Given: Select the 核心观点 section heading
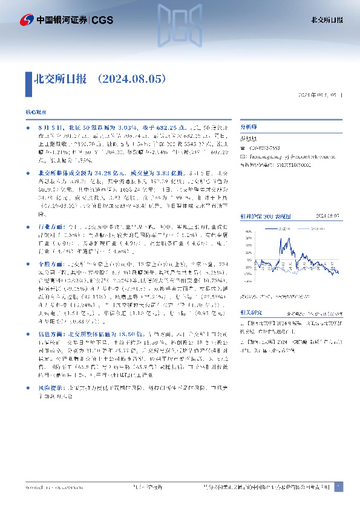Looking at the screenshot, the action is click(x=34, y=114).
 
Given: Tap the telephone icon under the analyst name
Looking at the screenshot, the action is click(x=243, y=148).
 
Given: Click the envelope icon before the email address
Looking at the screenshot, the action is click(x=243, y=155).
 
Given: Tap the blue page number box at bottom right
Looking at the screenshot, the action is click(x=338, y=486).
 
